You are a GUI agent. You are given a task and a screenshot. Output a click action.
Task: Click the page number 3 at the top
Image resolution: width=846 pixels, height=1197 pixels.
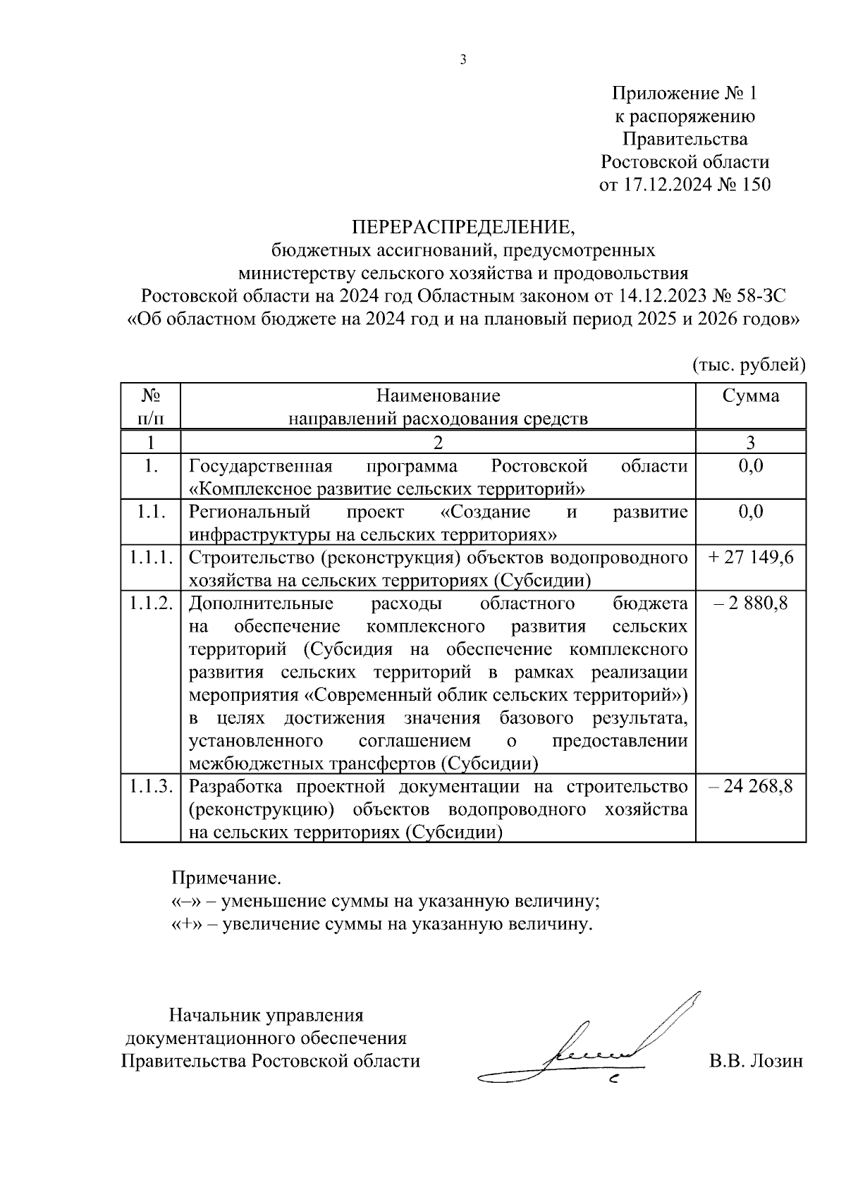(x=463, y=60)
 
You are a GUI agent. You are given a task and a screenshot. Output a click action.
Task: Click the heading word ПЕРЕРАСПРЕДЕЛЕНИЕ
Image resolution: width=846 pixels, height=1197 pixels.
(x=464, y=227)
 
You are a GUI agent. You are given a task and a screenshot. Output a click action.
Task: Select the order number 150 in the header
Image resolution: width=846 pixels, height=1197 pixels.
(x=752, y=185)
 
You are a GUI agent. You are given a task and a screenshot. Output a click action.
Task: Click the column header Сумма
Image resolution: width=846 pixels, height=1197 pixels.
(x=751, y=395)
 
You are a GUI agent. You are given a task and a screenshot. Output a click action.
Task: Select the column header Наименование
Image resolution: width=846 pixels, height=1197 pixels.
(x=438, y=395)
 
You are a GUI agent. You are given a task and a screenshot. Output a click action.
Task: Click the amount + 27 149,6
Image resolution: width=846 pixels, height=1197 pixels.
(x=751, y=558)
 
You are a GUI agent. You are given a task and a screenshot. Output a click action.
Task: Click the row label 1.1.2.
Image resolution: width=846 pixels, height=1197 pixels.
(x=151, y=603)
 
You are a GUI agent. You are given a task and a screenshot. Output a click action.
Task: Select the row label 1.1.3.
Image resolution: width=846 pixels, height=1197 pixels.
(x=151, y=786)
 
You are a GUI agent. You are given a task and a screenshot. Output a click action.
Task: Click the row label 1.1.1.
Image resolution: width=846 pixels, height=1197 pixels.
(x=151, y=558)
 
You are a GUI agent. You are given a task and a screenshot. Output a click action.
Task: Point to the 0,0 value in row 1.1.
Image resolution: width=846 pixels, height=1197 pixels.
(x=751, y=512)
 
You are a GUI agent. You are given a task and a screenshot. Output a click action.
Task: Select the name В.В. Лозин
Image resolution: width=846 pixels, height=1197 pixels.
(x=756, y=1061)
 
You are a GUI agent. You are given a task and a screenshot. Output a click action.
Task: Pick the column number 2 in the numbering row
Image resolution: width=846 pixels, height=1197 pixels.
(x=438, y=443)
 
